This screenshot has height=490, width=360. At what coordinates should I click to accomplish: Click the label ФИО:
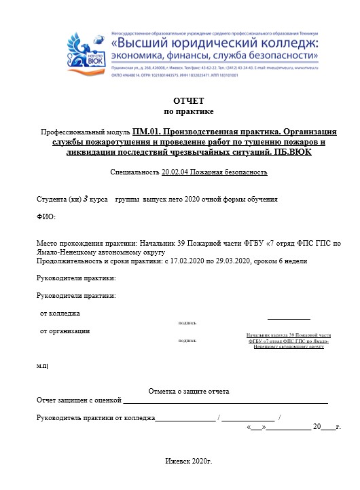[46, 216]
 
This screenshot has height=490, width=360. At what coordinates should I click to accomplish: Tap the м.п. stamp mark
[41, 366]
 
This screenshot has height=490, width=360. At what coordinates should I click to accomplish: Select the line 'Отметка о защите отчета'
[188, 392]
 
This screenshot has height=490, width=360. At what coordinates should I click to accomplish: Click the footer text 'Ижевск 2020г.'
[189, 461]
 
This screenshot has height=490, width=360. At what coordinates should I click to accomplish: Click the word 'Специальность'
[134, 172]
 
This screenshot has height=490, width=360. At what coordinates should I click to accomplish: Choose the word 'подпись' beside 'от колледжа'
[187, 323]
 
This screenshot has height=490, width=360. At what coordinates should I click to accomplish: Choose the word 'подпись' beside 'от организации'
[187, 340]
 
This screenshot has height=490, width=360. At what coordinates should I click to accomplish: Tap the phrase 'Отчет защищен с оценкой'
[79, 400]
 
